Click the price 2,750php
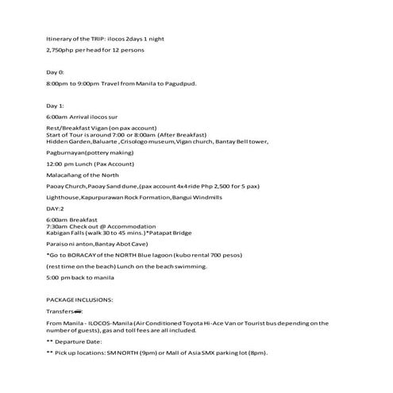pos(61,50)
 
